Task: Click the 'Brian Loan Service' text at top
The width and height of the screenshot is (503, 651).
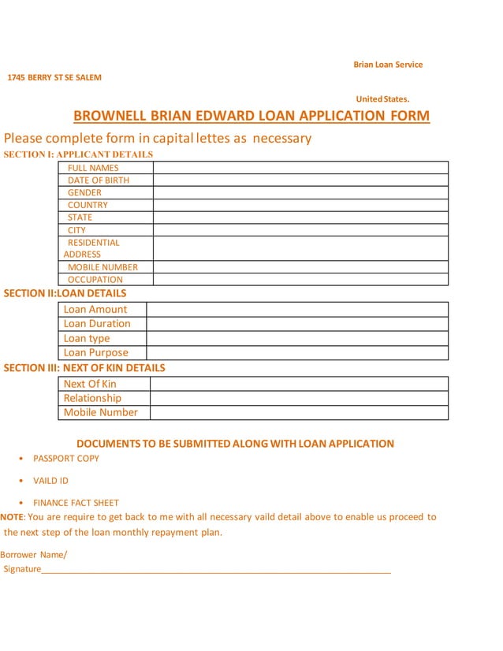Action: tap(387, 65)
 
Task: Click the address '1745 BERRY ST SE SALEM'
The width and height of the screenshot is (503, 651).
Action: tap(54, 77)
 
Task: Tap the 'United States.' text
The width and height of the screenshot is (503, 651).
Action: tap(382, 99)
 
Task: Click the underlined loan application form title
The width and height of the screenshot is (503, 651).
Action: tap(251, 117)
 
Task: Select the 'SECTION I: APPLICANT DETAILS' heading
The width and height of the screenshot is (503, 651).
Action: tap(78, 154)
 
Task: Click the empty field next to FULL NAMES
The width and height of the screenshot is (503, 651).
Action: tap(300, 168)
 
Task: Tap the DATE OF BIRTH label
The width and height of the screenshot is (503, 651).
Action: tap(99, 180)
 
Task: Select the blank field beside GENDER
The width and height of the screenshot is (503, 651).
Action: tap(300, 192)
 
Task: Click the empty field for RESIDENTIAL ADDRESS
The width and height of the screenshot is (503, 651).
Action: tap(300, 248)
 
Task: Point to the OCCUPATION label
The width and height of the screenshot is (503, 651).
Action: tap(95, 279)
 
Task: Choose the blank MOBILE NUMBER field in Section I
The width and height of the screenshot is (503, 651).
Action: tap(300, 267)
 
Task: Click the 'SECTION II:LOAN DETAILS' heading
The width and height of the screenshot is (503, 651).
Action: tap(65, 293)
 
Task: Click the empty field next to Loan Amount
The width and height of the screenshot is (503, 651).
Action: tap(296, 310)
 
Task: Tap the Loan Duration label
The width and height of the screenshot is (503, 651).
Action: tap(97, 324)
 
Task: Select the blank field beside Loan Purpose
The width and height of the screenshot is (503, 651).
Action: tap(296, 353)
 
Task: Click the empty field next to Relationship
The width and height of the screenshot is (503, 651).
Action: tap(298, 398)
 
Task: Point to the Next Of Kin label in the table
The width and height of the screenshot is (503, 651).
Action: tap(90, 384)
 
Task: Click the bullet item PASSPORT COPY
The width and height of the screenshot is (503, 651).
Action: tap(66, 458)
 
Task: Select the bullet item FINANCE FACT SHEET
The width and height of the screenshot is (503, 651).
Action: tap(76, 502)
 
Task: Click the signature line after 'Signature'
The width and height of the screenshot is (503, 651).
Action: tap(216, 570)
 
